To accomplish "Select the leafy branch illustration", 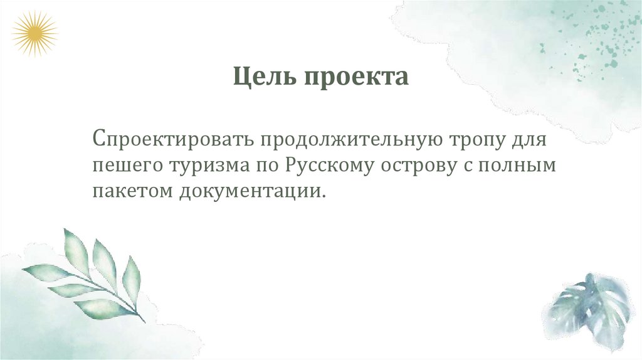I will (x=88, y=276).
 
